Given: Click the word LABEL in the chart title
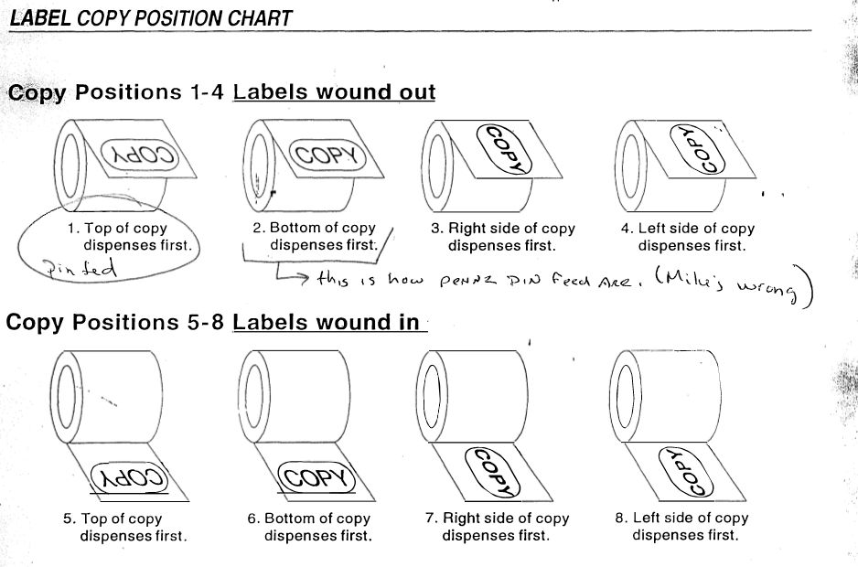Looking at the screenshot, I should click(40, 17).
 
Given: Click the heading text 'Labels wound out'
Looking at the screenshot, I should click(334, 92).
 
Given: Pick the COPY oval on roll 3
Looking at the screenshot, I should click(504, 148).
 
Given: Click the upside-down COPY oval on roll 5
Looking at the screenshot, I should click(131, 476).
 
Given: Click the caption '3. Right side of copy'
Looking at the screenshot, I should click(502, 229).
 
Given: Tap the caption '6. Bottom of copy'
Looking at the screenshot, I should click(308, 518).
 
